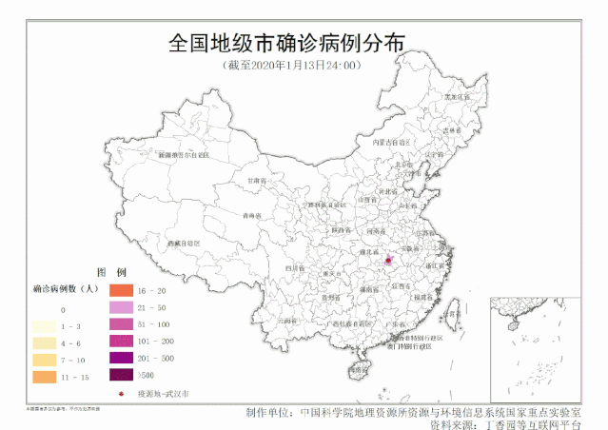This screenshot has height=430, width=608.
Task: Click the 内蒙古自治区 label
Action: click(391, 142)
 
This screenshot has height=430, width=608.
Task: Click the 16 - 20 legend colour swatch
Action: click(121, 289)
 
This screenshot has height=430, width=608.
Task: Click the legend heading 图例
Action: click(118, 271)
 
